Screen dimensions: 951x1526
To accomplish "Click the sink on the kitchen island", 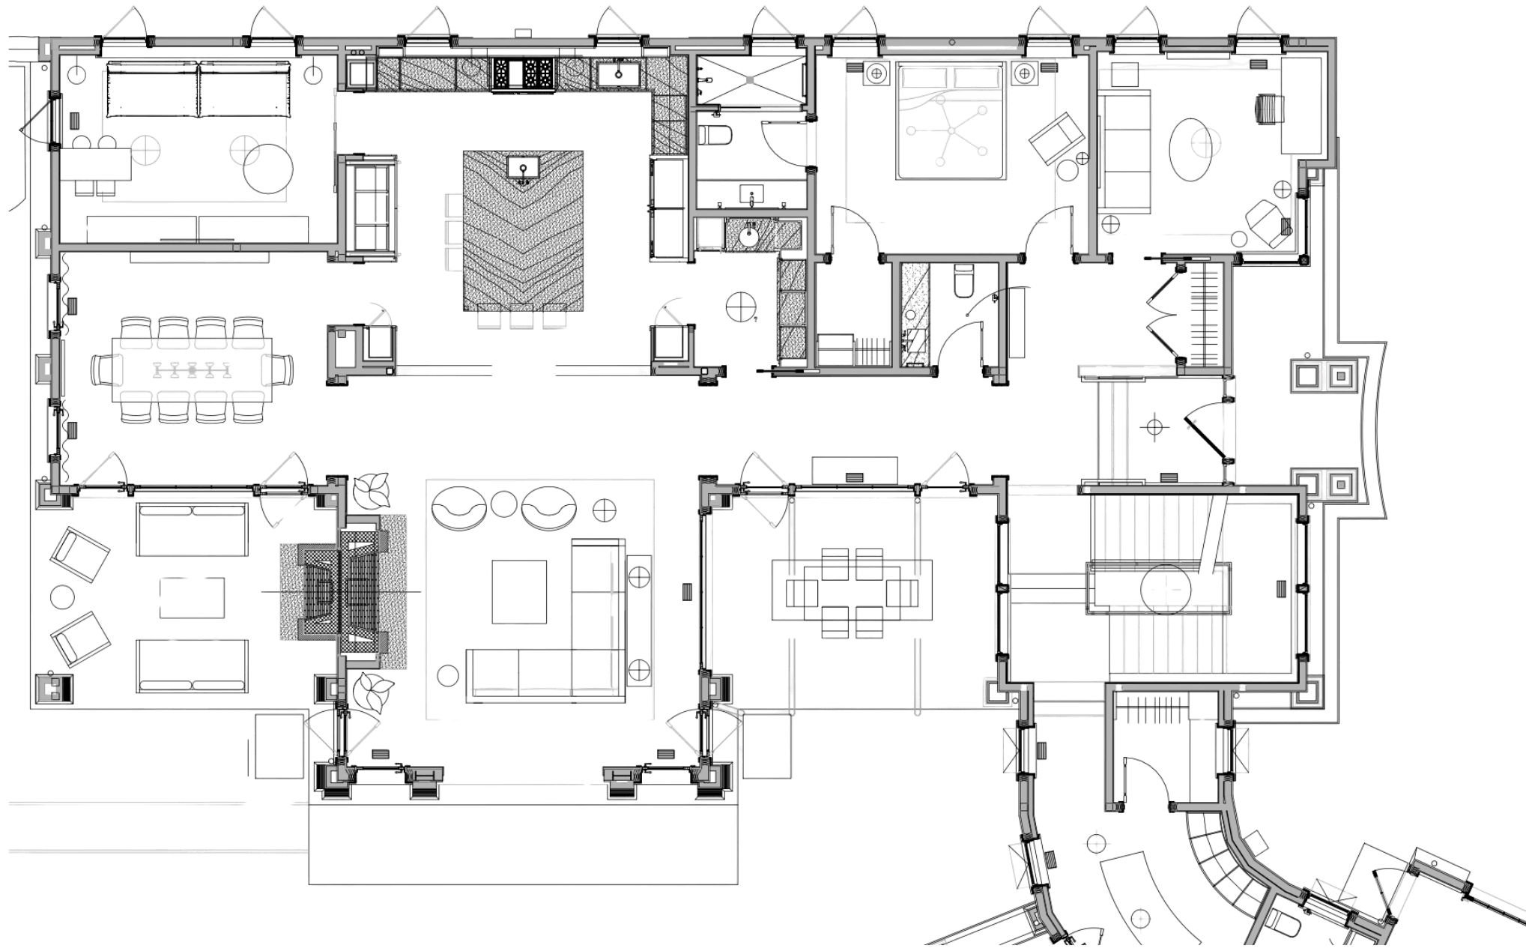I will (522, 169).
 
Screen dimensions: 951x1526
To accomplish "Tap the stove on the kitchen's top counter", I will (523, 74).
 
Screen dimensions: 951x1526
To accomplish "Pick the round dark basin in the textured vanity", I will (749, 235).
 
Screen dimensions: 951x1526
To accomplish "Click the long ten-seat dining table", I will (192, 369).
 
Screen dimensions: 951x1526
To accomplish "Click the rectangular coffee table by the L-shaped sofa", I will (518, 591).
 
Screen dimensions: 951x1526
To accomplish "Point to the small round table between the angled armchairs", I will (61, 597).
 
